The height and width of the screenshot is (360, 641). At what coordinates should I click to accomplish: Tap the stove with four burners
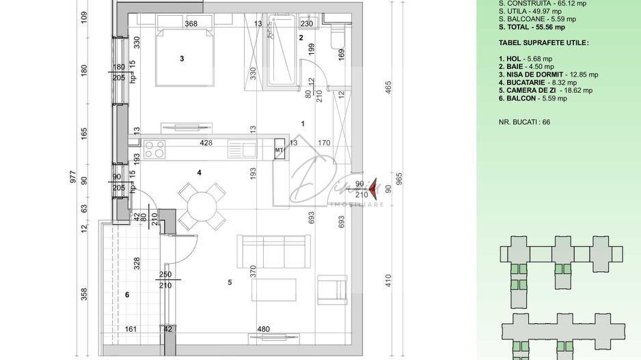click(154, 148)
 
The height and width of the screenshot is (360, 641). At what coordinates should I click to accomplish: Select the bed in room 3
click(181, 58)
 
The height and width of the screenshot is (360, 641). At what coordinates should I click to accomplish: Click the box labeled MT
click(279, 149)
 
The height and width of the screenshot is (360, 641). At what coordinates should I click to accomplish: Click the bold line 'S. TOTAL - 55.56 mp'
click(532, 27)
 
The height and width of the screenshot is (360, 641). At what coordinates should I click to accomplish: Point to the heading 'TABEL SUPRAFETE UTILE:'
click(543, 43)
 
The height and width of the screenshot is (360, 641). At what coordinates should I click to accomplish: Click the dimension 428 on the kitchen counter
click(206, 143)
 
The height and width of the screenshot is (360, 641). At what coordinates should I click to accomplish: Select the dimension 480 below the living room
click(263, 329)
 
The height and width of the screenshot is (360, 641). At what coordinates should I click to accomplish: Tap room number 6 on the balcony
click(126, 294)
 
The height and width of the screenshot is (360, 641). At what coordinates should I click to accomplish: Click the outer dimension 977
click(73, 178)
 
